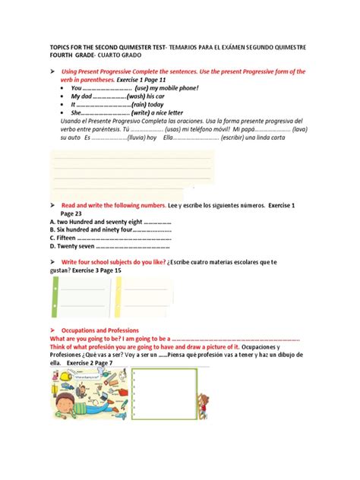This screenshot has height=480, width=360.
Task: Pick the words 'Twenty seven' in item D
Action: [x=76, y=245]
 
